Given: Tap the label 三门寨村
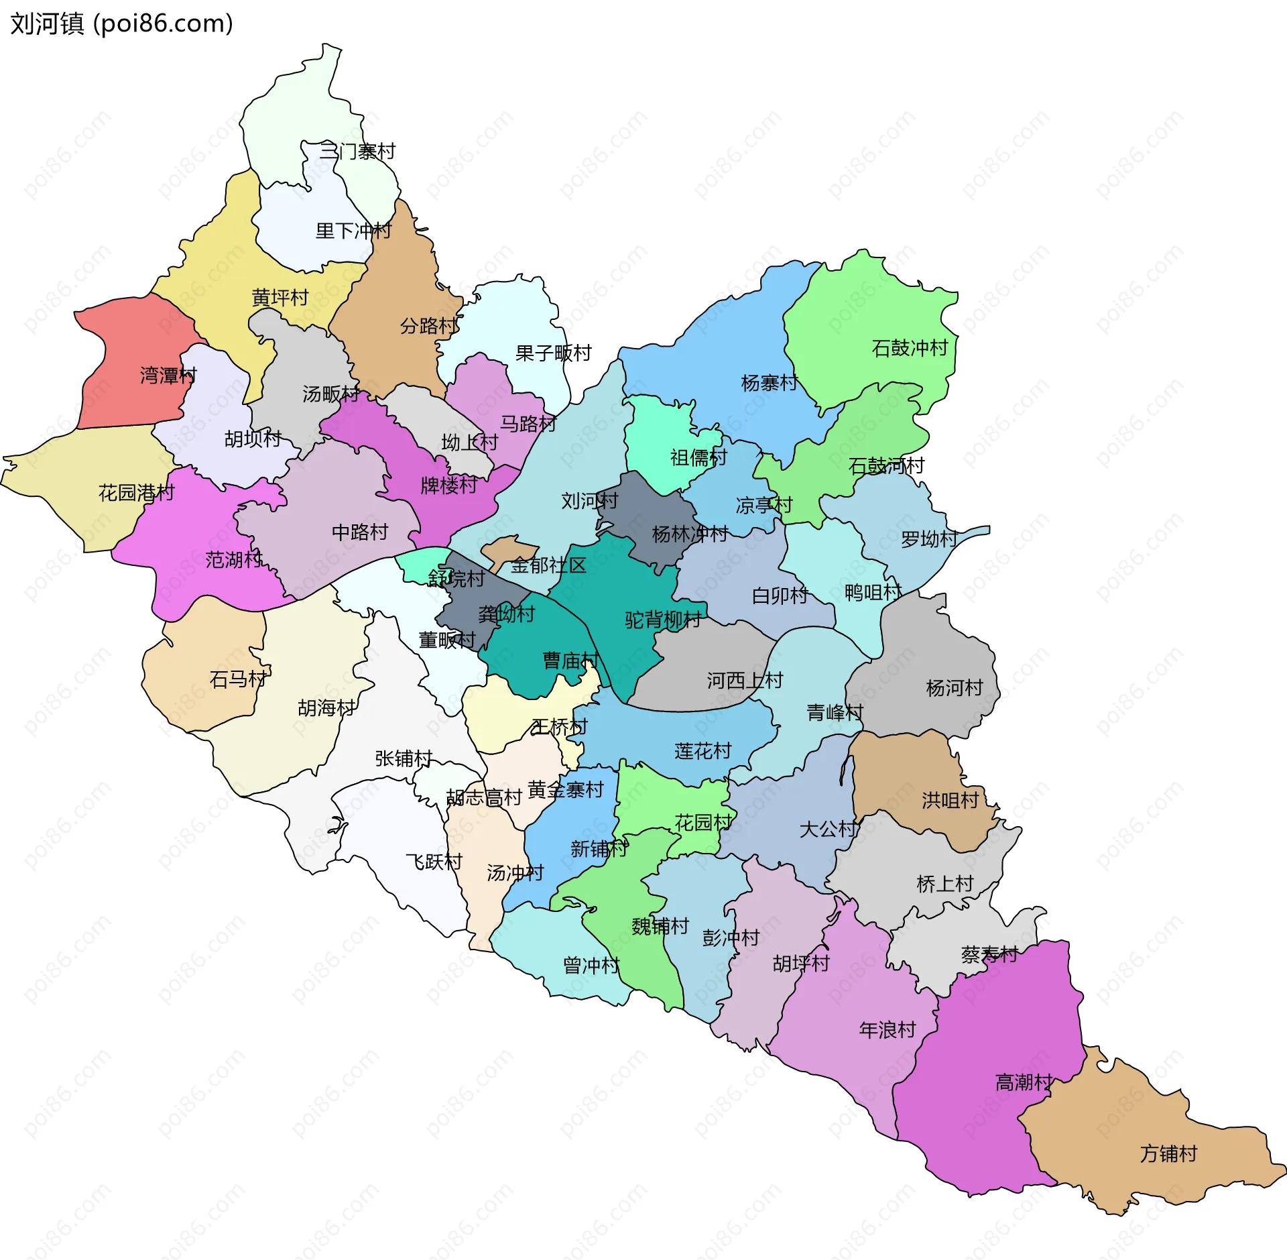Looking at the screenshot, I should click(357, 152).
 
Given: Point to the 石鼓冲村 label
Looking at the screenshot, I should click(910, 348).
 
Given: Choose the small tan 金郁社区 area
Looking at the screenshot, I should click(509, 550).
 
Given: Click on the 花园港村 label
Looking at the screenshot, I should click(136, 493).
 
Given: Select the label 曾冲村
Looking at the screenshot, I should click(591, 966).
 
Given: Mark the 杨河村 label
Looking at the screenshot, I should click(954, 688).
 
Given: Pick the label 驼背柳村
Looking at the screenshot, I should click(663, 620).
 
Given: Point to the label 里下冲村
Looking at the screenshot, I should click(353, 231).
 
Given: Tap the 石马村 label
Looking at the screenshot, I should click(238, 679).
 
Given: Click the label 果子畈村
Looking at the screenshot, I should click(553, 353).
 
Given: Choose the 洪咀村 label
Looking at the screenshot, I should click(950, 800).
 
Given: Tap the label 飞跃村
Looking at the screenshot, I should click(434, 862).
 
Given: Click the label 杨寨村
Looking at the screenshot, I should click(769, 383).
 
